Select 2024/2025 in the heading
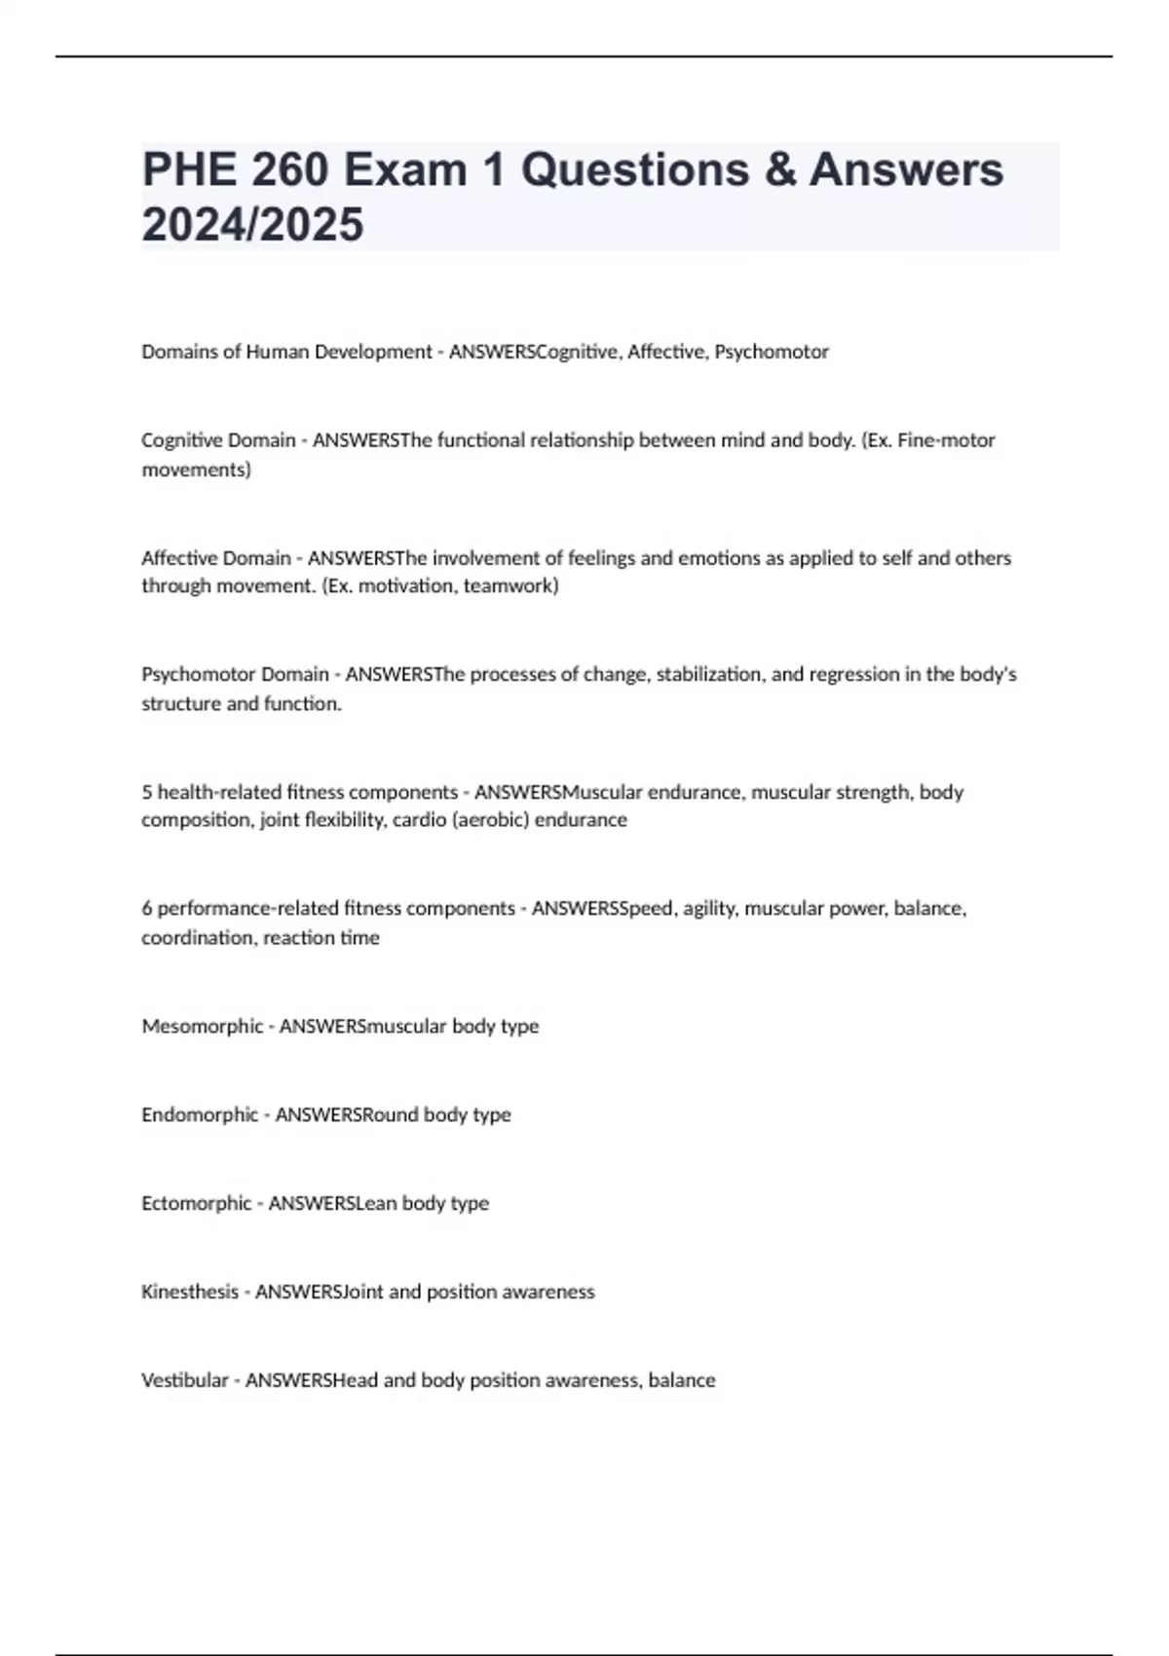click(252, 225)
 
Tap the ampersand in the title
click(778, 169)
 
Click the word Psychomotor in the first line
click(772, 352)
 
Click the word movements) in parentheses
click(196, 470)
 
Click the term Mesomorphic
click(203, 1027)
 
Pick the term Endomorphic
click(200, 1114)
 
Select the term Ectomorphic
click(197, 1203)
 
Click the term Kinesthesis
click(190, 1292)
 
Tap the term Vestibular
click(184, 1380)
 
